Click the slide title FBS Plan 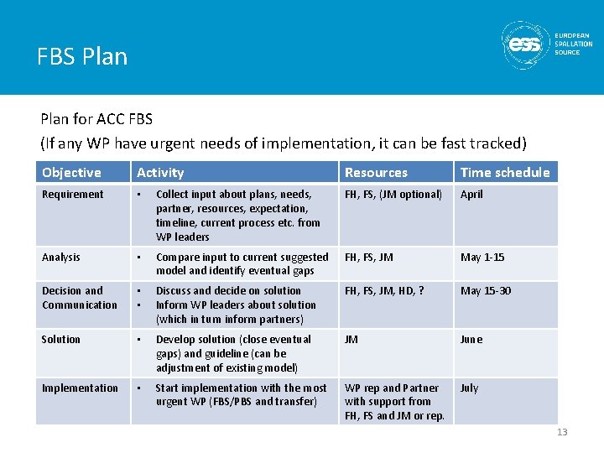pos(82,57)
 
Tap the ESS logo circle pos(526,44)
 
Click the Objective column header pos(71,173)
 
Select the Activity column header pos(160,173)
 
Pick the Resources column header pos(376,173)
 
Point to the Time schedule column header pos(505,173)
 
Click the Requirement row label pos(73,195)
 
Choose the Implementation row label pos(80,388)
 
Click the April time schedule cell pos(471,195)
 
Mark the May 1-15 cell pos(482,258)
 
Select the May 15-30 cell pos(485,291)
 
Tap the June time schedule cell pos(471,340)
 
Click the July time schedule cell pos(469,388)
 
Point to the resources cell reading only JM pos(351,340)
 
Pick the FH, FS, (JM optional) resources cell pos(393,195)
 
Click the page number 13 pos(561,432)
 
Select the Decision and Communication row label pos(80,298)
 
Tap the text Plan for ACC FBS pos(96,120)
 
